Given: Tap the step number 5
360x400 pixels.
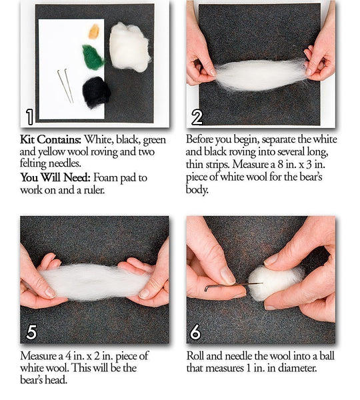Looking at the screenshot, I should click(x=31, y=332).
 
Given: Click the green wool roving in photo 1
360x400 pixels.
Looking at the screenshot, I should click(x=93, y=57).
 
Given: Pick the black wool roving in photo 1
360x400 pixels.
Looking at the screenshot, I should click(x=96, y=91).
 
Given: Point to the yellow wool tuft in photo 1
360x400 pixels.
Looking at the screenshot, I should click(x=94, y=31).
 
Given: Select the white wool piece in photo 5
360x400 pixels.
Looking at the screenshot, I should click(x=93, y=281).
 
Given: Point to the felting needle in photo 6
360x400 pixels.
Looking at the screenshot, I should click(x=227, y=287).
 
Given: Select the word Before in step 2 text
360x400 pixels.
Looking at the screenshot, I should click(x=202, y=141).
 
